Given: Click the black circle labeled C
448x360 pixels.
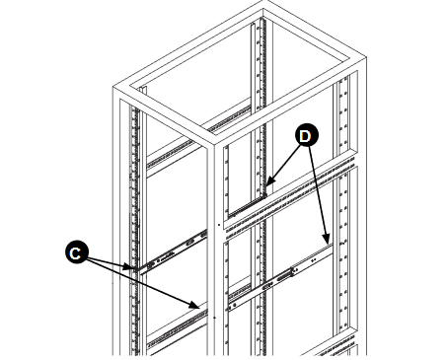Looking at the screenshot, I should (74, 252).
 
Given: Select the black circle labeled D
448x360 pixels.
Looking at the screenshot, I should (306, 135).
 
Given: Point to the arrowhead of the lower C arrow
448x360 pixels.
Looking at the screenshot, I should (202, 304).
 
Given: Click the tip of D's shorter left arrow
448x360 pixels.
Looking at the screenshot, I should (265, 184).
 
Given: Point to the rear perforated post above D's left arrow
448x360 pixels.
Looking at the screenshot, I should (261, 99).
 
